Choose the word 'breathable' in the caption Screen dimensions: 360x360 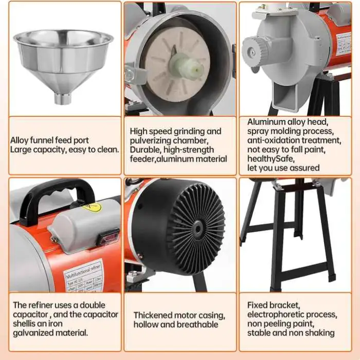click(x=198, y=324)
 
